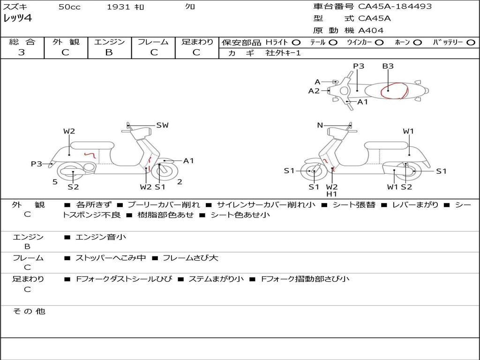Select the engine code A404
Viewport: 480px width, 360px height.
pos(371,30)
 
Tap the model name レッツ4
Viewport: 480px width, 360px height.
pos(18,18)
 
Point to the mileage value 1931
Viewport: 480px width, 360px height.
pos(118,7)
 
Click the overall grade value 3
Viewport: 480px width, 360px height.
pos(22,52)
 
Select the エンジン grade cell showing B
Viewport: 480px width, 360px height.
pos(109,52)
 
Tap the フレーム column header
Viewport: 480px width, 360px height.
pos(153,42)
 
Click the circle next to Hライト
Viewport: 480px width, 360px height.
pos(296,43)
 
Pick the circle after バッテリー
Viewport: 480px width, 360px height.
pos(471,43)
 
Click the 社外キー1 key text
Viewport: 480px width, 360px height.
pos(283,53)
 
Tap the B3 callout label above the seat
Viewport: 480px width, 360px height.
pos(388,66)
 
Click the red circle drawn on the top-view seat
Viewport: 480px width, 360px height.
pos(394,91)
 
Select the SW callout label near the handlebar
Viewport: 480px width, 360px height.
pos(162,125)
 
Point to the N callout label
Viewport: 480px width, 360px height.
pos(320,125)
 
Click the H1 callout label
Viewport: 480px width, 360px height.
pos(332,194)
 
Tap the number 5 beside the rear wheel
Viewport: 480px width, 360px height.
pos(55,182)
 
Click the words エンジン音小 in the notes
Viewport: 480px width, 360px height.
pos(101,237)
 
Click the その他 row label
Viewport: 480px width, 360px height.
pos(29,311)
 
